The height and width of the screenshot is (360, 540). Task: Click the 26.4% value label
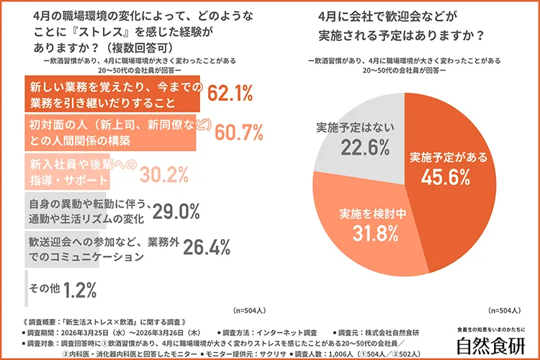click(x=206, y=247)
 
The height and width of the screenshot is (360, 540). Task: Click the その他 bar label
click(x=43, y=289)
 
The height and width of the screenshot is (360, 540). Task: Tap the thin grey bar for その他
click(x=27, y=288)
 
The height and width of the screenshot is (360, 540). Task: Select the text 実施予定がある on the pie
click(x=449, y=156)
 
